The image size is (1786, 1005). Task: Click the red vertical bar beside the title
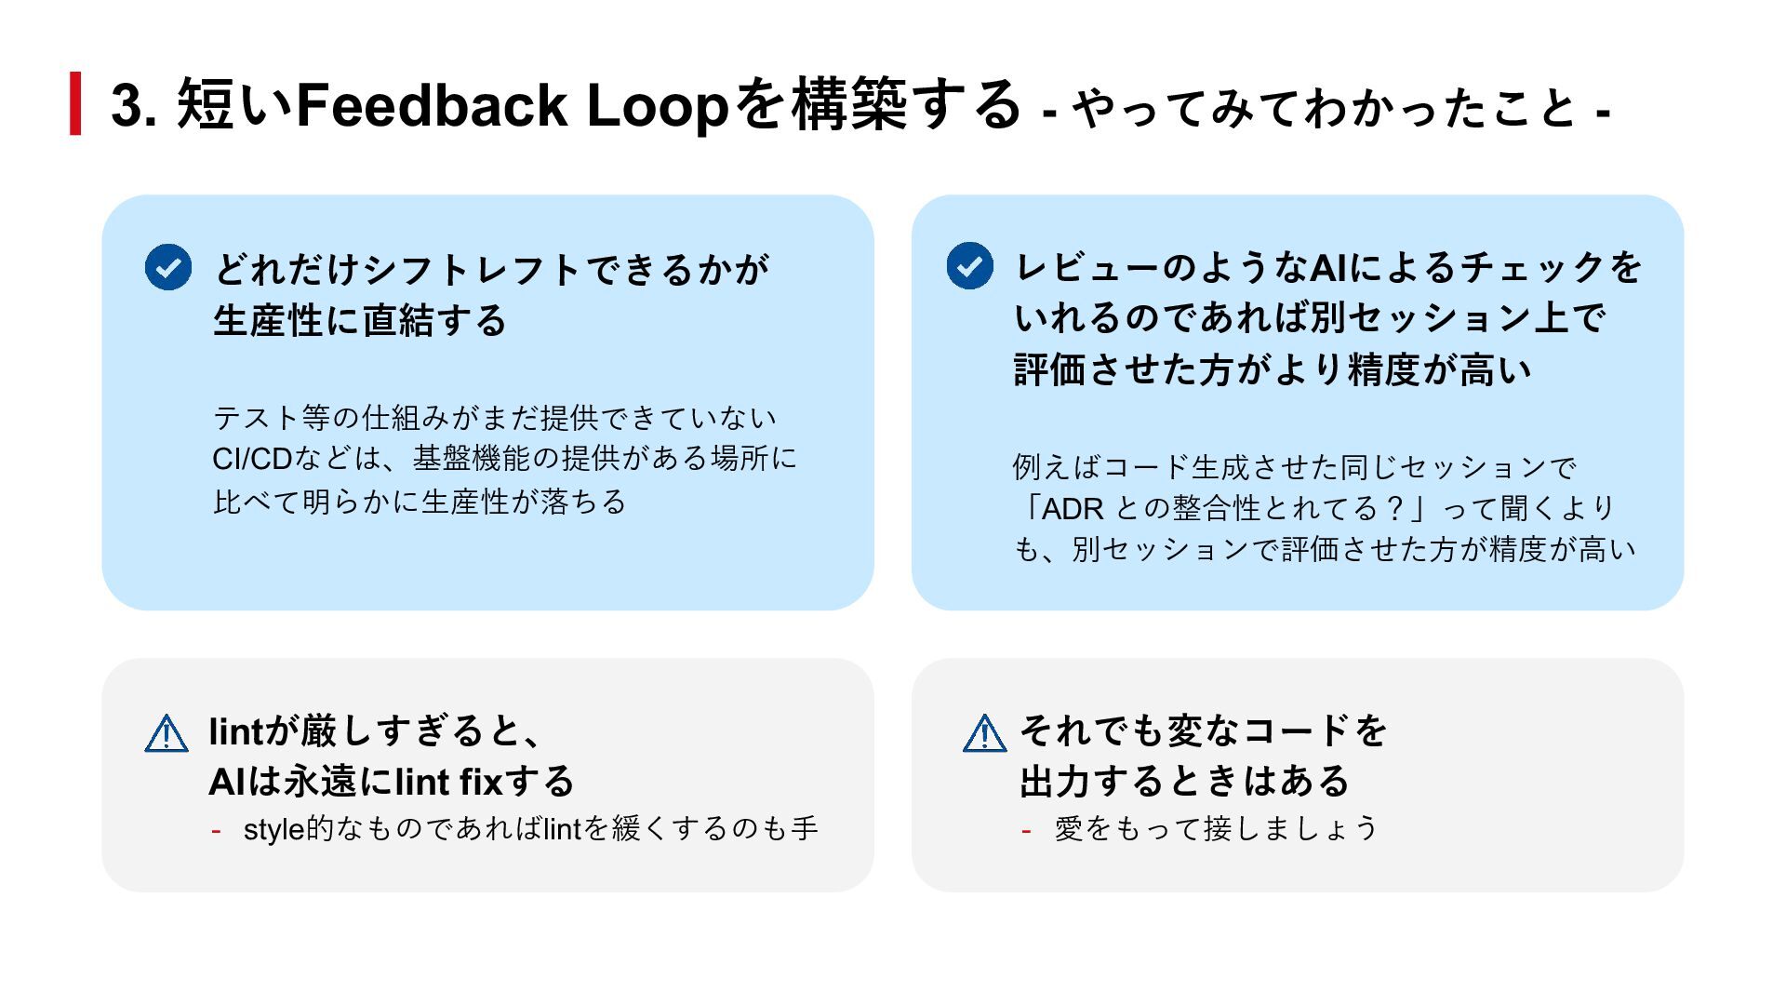click(75, 103)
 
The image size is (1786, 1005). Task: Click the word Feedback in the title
click(432, 104)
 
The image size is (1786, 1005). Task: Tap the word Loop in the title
click(657, 106)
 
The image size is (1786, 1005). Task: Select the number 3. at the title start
click(134, 105)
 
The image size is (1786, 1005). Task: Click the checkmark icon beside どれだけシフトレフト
click(168, 268)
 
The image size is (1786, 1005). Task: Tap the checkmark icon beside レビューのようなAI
click(969, 266)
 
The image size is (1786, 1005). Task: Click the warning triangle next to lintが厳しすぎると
click(167, 733)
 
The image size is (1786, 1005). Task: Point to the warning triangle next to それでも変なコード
click(984, 733)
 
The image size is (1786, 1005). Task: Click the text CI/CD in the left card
click(252, 459)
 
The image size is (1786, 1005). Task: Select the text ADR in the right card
click(1073, 509)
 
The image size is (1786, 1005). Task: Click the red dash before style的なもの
click(216, 830)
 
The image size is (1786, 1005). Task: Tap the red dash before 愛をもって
click(1026, 830)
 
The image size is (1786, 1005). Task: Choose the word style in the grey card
click(274, 829)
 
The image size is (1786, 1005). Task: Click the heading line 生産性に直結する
click(360, 321)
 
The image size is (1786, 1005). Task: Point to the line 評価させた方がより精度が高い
click(1272, 369)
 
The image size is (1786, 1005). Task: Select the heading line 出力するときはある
click(1184, 782)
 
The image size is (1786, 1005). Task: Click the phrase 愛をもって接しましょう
click(1216, 828)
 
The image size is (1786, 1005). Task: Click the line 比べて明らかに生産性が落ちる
click(420, 502)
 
